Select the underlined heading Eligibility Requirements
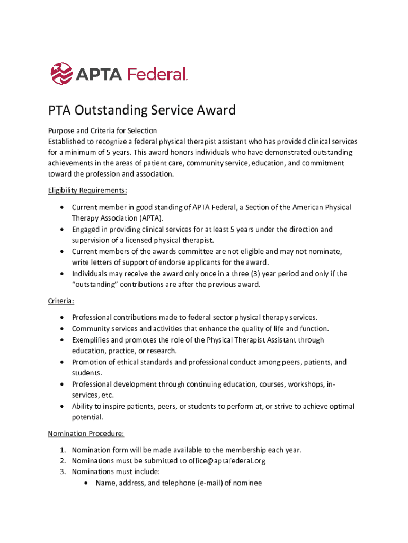pyautogui.click(x=87, y=190)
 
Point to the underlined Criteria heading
pyautogui.click(x=61, y=301)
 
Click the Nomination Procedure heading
pyautogui.click(x=86, y=433)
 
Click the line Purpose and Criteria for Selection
pyautogui.click(x=102, y=130)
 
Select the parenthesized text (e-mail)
pyautogui.click(x=198, y=483)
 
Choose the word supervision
pyautogui.click(x=92, y=240)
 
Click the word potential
pyautogui.click(x=87, y=417)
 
